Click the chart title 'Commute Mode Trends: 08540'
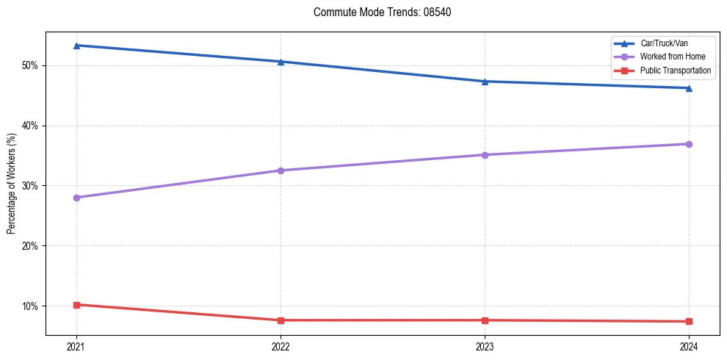377,12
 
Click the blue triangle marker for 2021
76,46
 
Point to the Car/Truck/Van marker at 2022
281,62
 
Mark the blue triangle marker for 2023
485,82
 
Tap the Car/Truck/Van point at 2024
689,88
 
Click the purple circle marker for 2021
76,198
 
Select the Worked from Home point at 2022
281,170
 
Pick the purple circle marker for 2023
485,155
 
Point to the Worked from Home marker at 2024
689,144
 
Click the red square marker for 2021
76,304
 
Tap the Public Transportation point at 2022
281,320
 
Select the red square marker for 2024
689,321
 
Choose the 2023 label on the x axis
485,346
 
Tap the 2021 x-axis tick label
76,346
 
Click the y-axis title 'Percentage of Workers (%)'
12,184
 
